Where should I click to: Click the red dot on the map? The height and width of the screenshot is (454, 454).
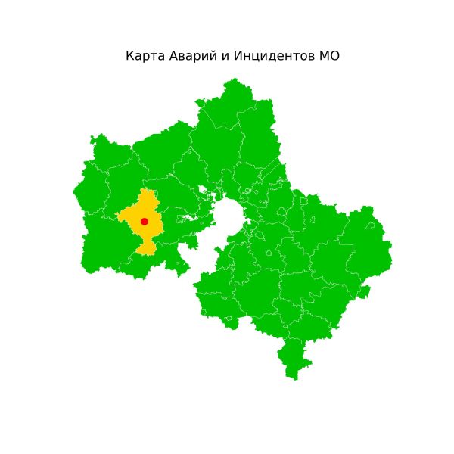(144, 221)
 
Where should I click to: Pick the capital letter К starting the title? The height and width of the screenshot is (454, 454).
(129, 57)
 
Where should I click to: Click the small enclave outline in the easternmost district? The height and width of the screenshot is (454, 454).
(370, 225)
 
